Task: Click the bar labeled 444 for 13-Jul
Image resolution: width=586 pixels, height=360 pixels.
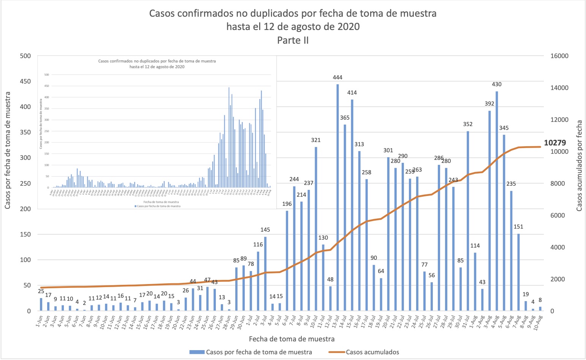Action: (337, 197)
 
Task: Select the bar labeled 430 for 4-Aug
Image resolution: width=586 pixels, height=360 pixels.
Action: (497, 201)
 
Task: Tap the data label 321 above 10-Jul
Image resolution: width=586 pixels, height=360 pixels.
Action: (316, 140)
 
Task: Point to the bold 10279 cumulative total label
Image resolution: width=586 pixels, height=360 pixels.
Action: (555, 143)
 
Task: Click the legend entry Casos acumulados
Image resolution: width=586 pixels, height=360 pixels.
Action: (372, 352)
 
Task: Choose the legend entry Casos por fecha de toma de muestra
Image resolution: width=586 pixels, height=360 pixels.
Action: (259, 352)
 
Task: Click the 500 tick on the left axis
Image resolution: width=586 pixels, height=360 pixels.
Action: (25, 56)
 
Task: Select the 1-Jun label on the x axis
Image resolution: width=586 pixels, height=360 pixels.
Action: (40, 322)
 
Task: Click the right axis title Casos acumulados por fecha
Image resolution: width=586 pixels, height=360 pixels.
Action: (579, 166)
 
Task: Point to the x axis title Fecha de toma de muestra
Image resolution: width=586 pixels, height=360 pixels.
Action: (291, 339)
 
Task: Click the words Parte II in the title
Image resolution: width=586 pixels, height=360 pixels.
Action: (293, 40)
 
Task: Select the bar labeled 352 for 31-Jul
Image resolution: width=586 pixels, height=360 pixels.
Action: (468, 221)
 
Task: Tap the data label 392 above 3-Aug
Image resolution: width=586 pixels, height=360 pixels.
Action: (489, 104)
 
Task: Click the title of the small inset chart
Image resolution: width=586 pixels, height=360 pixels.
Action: (157, 64)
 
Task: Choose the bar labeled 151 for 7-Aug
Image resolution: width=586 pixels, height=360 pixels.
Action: (518, 272)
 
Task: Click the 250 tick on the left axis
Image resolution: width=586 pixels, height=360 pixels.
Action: (25, 183)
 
